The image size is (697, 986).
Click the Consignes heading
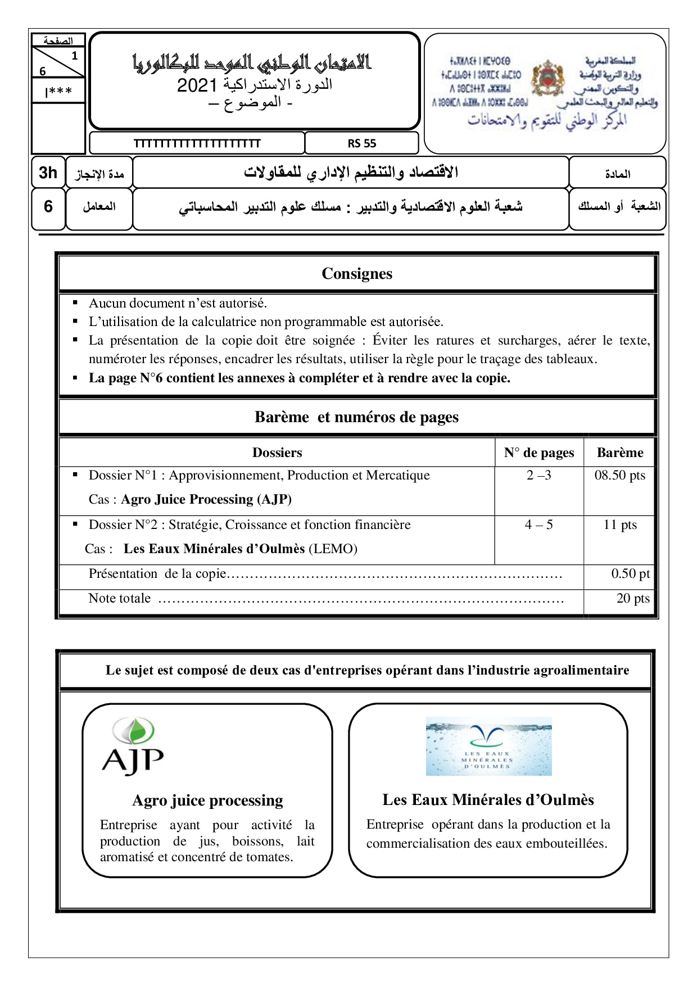(357, 274)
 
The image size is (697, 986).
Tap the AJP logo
(133, 747)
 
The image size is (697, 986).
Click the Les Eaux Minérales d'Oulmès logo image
(488, 746)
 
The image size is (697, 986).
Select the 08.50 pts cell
(619, 476)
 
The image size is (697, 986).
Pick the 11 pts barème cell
(619, 525)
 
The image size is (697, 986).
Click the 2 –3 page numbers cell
(538, 476)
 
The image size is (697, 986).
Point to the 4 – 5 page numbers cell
(538, 525)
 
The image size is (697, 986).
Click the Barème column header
(619, 453)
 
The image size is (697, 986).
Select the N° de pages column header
(538, 453)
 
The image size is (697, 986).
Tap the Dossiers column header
(277, 453)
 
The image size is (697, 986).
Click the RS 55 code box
(361, 143)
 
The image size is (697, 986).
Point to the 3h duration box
(48, 173)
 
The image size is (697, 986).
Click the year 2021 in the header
(197, 85)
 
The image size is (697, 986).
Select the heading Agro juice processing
(207, 800)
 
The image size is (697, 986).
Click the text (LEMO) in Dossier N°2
(333, 549)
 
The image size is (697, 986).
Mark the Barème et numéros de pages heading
(356, 417)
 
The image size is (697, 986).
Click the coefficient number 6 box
(48, 206)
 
